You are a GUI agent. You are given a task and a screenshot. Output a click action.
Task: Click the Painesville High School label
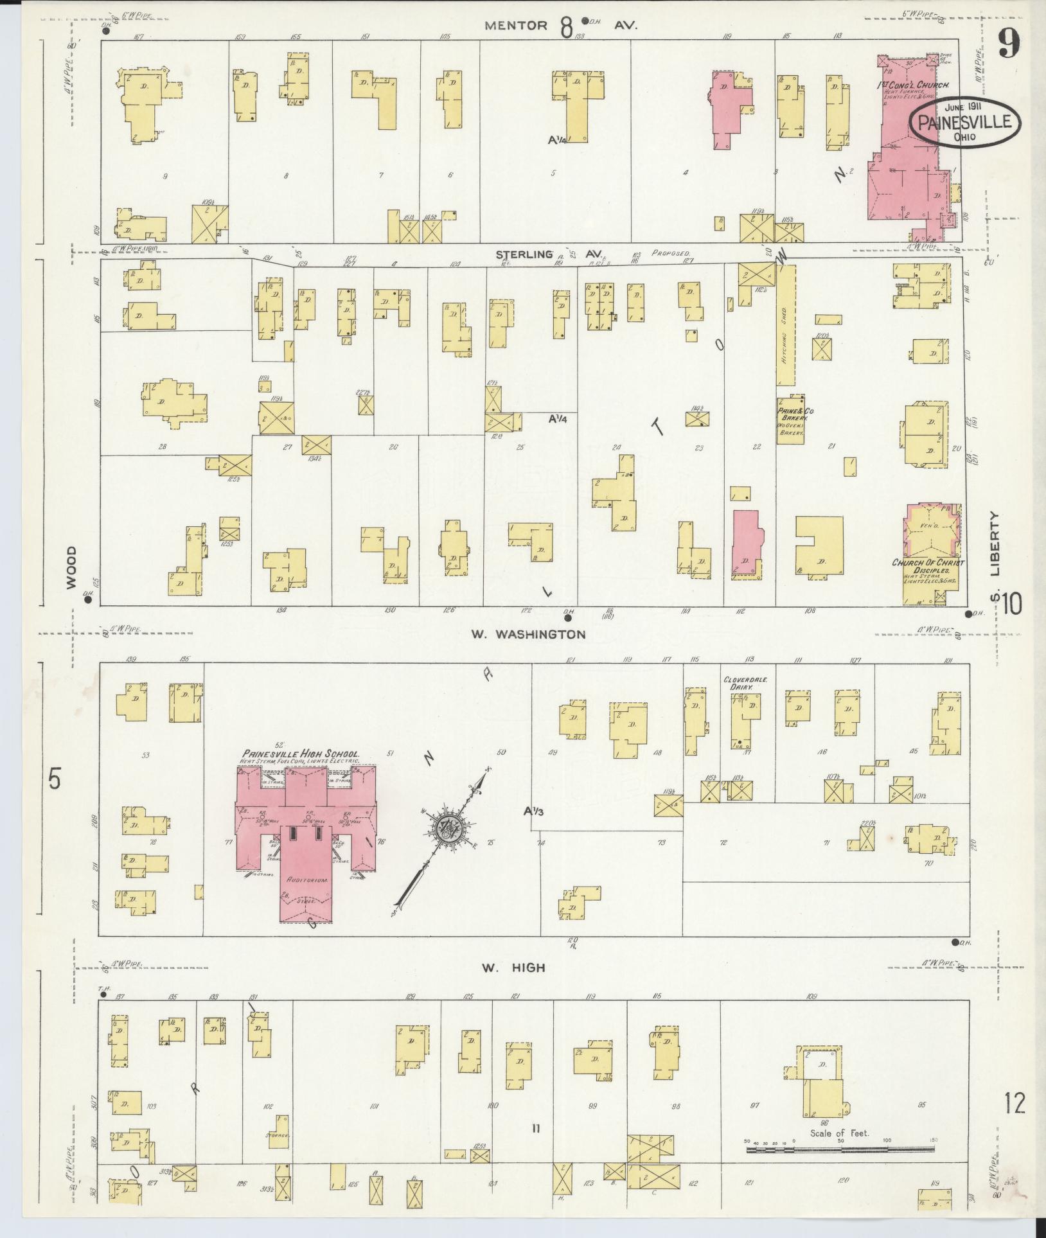click(x=300, y=754)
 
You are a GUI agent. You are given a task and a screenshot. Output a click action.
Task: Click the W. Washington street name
click(x=528, y=634)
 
